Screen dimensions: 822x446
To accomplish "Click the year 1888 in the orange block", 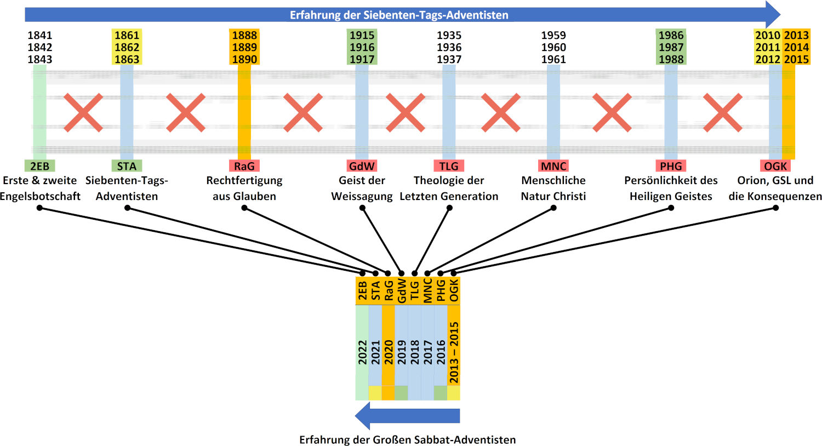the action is pos(244,35).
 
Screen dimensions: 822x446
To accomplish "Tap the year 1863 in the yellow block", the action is pos(127,59).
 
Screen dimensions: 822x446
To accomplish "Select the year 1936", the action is pos(449,47).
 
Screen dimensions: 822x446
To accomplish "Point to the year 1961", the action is pos(553,59).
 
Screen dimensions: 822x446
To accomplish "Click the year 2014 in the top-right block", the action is pos(796,47).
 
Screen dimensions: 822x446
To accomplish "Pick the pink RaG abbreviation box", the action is pos(244,166).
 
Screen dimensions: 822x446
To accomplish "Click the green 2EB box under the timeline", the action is pos(39,166).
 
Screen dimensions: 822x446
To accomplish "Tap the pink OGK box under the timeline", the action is pos(775,166).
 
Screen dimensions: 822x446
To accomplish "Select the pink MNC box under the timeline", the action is pos(553,166).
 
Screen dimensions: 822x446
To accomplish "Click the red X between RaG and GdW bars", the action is pos(302,112).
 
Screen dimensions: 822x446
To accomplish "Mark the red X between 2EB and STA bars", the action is pos(83,112).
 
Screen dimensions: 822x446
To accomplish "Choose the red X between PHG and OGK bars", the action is pos(723,112).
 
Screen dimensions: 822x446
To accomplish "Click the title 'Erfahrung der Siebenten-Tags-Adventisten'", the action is pos(399,15).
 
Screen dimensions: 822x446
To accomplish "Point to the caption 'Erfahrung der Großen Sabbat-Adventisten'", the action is pos(407,439).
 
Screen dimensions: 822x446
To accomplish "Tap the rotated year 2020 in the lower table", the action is pos(388,352).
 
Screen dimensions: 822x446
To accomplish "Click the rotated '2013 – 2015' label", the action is pos(454,352).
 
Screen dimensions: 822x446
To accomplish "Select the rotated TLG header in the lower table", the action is pos(415,290).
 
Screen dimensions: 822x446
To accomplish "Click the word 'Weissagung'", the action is pos(362,196).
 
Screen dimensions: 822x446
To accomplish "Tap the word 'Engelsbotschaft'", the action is pos(40,196).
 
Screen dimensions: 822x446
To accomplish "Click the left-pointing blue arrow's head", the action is pos(363,415).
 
